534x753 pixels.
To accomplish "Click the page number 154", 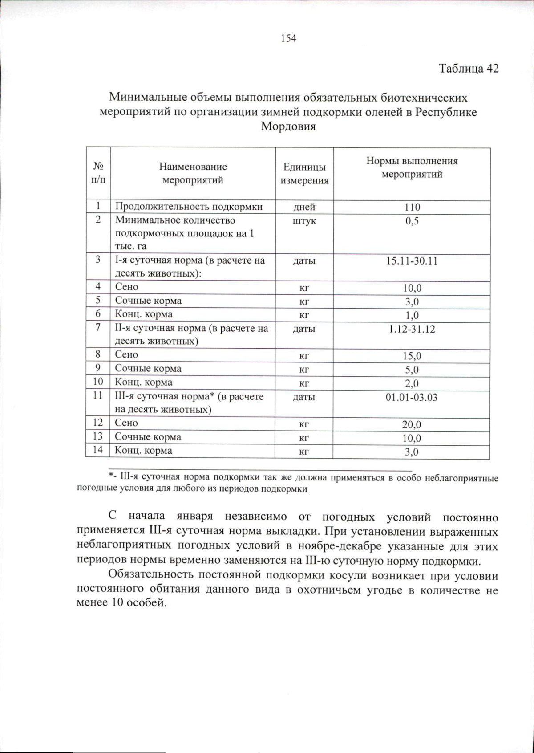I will (288, 38).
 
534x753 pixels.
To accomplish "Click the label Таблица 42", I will (469, 69).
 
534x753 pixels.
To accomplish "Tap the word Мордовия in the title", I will (288, 126).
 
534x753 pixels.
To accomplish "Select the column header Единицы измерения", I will (304, 174).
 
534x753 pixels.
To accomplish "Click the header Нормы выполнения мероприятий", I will (412, 167).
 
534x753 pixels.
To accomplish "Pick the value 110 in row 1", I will (412, 208).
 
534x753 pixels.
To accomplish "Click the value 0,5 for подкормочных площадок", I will (412, 221).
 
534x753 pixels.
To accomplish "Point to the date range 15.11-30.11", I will (412, 261).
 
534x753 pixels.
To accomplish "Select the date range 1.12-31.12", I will (412, 330).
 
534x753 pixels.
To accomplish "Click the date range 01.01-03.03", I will (412, 398).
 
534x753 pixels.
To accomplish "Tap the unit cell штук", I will (304, 221).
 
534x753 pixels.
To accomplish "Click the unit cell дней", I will (304, 208).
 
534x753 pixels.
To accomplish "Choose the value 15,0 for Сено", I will (412, 356).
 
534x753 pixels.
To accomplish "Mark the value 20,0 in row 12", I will (412, 425).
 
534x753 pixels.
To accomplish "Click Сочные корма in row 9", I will (148, 369).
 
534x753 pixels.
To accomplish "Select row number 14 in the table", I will (98, 450).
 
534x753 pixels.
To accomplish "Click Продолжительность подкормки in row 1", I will (189, 207).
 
